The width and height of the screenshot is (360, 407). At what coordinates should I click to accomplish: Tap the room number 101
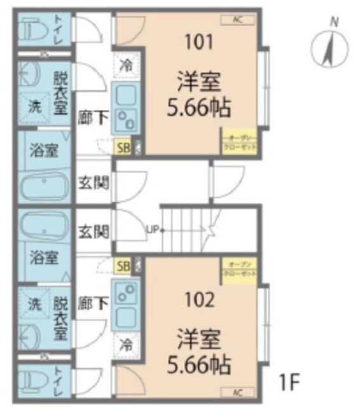[199, 43]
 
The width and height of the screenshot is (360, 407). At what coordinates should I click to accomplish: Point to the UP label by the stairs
[153, 230]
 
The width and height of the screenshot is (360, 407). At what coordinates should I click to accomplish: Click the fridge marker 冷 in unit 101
[125, 65]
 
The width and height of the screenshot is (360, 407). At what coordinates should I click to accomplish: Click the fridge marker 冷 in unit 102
[125, 347]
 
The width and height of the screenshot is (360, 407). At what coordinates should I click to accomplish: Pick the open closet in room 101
[239, 141]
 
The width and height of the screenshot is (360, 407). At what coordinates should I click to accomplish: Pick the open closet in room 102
[239, 269]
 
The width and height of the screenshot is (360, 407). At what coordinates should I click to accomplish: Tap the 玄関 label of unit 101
[93, 183]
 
